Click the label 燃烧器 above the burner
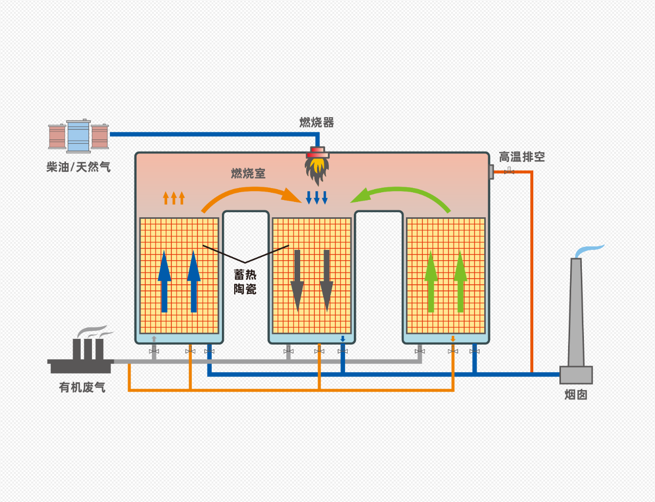317,123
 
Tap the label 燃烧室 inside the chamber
248,174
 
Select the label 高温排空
522,157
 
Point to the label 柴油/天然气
78,167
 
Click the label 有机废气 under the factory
82,387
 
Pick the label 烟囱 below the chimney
576,395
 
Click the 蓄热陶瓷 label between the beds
245,282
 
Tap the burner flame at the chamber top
317,169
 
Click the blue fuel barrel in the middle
78,136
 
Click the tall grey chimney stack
576,312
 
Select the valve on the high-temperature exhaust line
509,171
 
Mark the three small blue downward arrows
317,197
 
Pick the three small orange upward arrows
173,197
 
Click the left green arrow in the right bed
431,281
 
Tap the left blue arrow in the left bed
164,281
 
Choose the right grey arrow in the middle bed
327,281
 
